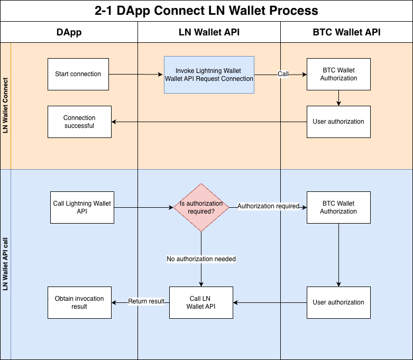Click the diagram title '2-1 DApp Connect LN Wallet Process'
click(x=206, y=11)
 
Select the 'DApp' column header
click(x=69, y=32)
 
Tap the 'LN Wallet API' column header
click(x=209, y=32)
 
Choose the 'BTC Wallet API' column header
click(x=346, y=32)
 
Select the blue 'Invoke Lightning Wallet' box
click(x=209, y=75)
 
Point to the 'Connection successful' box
click(x=79, y=122)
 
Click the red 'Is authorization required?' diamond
click(x=201, y=207)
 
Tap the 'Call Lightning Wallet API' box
click(x=82, y=207)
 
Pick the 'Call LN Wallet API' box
click(x=201, y=302)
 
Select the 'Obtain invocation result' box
click(x=79, y=302)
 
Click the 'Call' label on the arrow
click(x=283, y=74)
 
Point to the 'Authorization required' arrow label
click(x=268, y=206)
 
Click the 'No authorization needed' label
click(x=201, y=259)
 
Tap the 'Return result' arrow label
click(x=146, y=301)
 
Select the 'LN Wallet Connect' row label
click(x=6, y=106)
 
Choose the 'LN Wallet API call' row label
click(x=6, y=264)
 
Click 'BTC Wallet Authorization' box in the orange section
click(x=338, y=74)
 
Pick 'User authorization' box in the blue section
click(x=338, y=302)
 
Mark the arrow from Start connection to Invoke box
click(x=137, y=75)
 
